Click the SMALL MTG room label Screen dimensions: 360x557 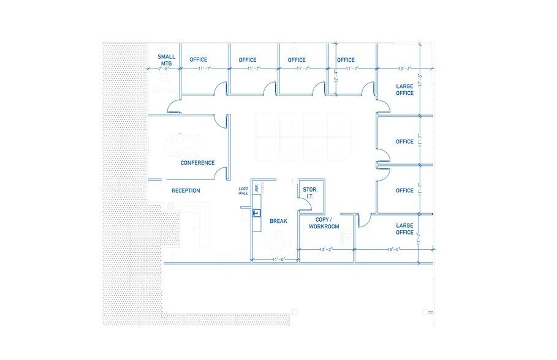[167, 60]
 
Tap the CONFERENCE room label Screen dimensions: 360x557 [197, 163]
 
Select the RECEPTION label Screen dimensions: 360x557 [186, 191]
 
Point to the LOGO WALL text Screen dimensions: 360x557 [244, 192]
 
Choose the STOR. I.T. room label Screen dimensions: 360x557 [309, 193]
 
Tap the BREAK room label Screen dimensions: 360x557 [278, 221]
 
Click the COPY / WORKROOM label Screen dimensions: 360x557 [324, 223]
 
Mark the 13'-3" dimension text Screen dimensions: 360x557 [404, 69]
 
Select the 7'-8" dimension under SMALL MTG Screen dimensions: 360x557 [163, 69]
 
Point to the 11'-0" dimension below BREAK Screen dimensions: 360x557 [279, 260]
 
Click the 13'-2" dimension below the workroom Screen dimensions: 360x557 [326, 250]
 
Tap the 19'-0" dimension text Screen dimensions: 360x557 [393, 250]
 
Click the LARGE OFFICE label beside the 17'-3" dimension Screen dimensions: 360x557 [404, 90]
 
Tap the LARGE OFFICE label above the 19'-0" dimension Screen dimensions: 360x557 [404, 229]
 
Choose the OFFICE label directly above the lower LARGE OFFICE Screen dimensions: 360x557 [404, 190]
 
